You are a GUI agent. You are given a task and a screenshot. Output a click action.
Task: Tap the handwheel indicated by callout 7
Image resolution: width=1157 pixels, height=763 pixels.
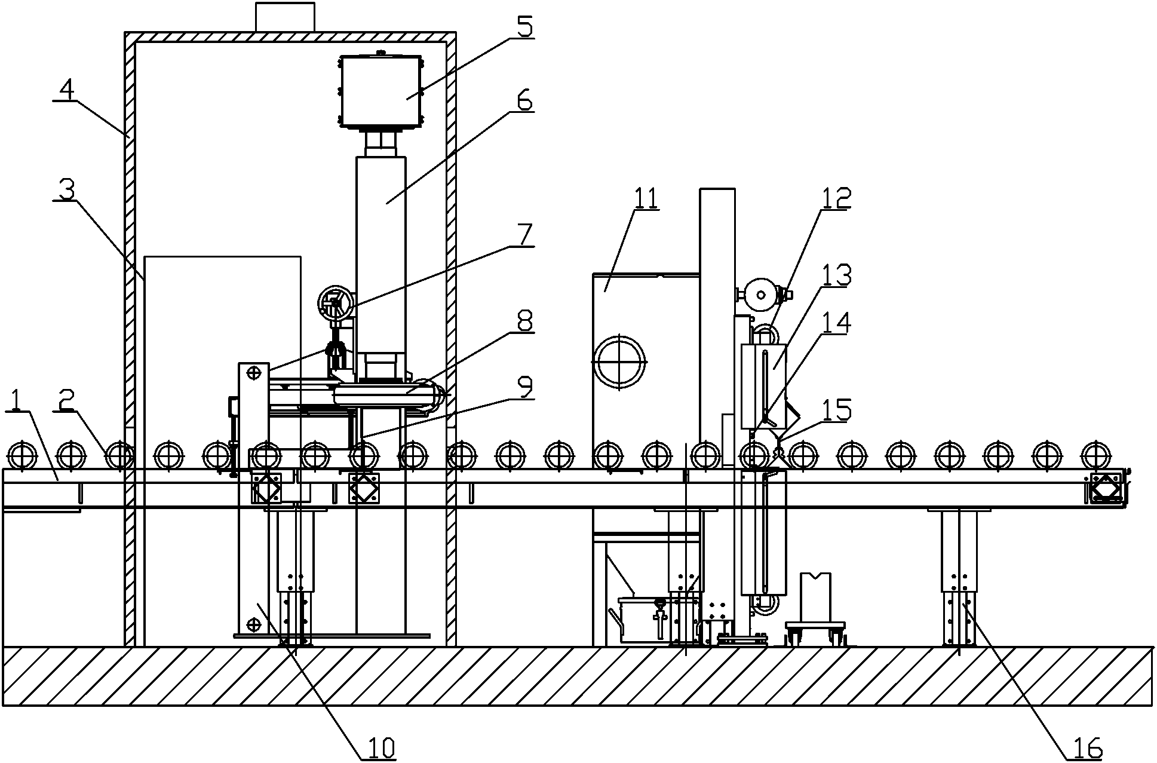pyautogui.click(x=335, y=304)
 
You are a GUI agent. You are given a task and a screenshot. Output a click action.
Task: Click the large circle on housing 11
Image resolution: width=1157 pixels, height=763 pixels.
pyautogui.click(x=619, y=361)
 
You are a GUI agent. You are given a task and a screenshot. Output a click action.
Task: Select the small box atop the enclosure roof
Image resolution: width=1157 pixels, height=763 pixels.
pyautogui.click(x=285, y=17)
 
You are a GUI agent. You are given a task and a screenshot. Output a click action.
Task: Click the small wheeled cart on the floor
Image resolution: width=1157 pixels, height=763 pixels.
pyautogui.click(x=814, y=630)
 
